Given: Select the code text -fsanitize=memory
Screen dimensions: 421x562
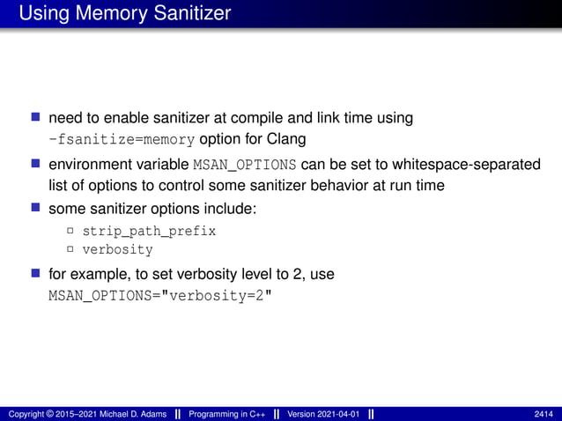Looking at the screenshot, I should [122, 138].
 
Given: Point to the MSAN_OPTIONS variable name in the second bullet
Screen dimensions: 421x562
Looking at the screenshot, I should [244, 164].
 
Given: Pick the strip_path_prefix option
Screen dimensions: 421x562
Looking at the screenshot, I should [149, 231].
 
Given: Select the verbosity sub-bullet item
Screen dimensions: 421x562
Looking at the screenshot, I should [117, 249].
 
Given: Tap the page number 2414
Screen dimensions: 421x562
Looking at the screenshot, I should [544, 414].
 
